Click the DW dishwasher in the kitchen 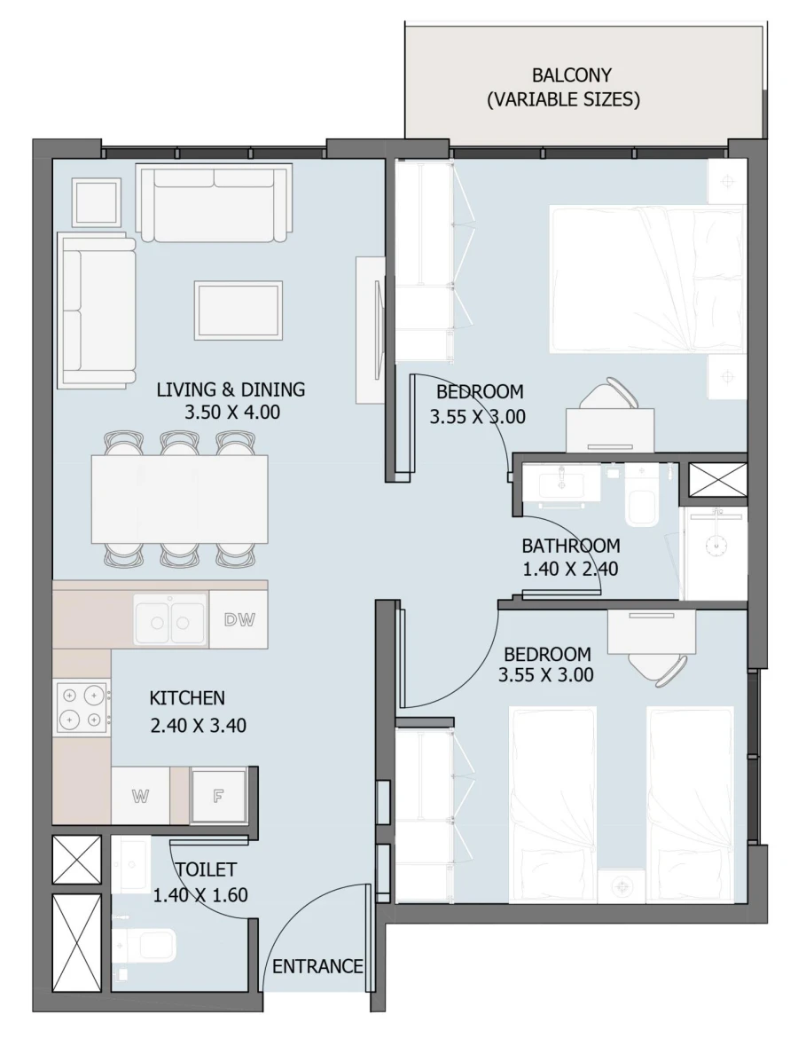coord(239,620)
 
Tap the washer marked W coord(140,796)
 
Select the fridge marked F coord(217,796)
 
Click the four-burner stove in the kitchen coord(82,707)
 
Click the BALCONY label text coord(571,75)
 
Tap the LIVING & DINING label coord(231,389)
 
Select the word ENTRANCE coord(317,966)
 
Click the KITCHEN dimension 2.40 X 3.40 coord(198,725)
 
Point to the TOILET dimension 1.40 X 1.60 coord(200,895)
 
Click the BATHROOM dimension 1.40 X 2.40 coord(570,569)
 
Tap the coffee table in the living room coord(238,310)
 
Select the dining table coord(180,499)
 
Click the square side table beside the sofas coord(96,202)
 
